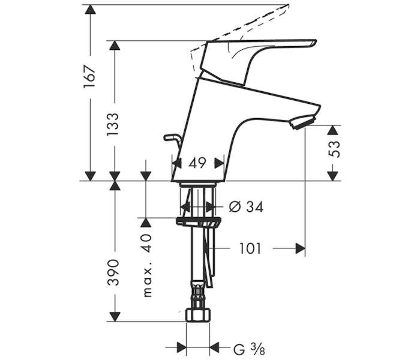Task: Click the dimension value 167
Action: click(89, 77)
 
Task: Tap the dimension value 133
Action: click(113, 124)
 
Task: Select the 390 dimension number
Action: click(113, 272)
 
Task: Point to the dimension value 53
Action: click(334, 149)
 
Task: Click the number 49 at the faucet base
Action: click(197, 163)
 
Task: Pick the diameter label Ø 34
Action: click(246, 206)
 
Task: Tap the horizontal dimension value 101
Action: click(250, 248)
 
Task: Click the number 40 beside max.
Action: click(147, 243)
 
